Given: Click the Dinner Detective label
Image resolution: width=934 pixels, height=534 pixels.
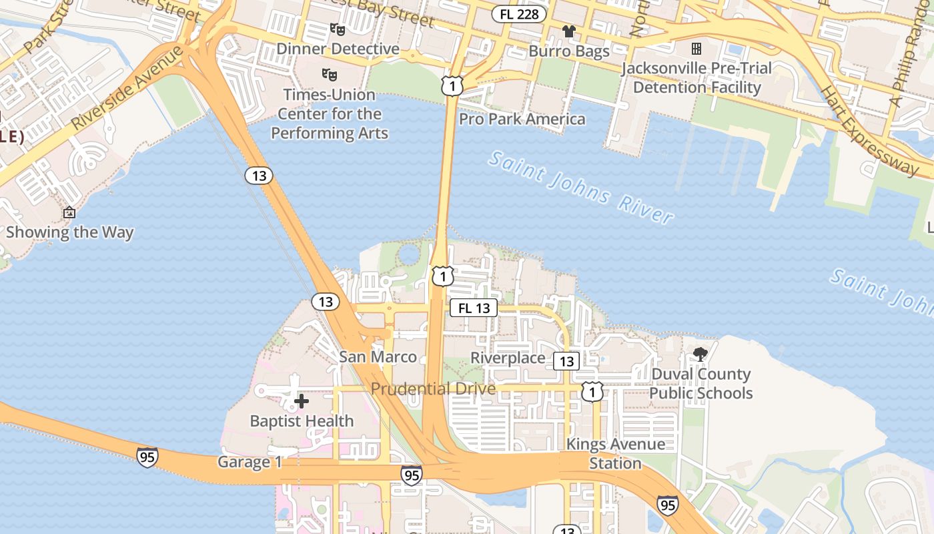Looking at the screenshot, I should (x=338, y=49).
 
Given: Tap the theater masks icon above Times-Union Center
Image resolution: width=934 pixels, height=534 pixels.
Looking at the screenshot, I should (x=329, y=73).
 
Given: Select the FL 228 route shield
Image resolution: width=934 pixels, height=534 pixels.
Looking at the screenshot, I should (x=519, y=14).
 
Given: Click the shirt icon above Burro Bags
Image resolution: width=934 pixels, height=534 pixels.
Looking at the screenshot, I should (x=568, y=31).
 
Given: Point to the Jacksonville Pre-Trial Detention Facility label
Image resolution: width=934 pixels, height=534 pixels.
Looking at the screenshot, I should (x=696, y=77).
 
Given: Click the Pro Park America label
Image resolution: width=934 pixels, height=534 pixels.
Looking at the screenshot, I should (x=522, y=119).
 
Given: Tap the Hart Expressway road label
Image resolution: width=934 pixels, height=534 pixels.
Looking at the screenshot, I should (x=869, y=129).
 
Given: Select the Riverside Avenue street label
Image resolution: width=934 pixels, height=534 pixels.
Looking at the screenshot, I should (x=127, y=87).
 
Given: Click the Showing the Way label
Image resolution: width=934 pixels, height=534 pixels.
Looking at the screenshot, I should (x=70, y=232).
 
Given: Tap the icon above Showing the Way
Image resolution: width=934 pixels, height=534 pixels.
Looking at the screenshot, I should (x=69, y=213).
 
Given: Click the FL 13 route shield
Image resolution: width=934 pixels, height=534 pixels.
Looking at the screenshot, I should (x=474, y=308).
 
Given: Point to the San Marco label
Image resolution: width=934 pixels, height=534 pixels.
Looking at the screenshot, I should (x=378, y=357).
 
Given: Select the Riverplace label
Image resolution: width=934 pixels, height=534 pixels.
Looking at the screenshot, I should (x=508, y=358).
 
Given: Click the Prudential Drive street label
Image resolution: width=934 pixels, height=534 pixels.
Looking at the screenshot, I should (x=433, y=388).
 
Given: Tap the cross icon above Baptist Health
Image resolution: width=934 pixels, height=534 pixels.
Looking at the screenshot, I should (x=302, y=401).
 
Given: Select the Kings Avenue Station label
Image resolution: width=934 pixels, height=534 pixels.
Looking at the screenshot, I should (x=615, y=453).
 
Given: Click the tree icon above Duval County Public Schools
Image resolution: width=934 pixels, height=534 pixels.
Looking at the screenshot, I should (x=700, y=354).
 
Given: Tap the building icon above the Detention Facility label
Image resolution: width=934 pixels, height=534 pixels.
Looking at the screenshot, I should (x=696, y=49).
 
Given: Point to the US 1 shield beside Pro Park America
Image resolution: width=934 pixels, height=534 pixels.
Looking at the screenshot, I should (x=452, y=85).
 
